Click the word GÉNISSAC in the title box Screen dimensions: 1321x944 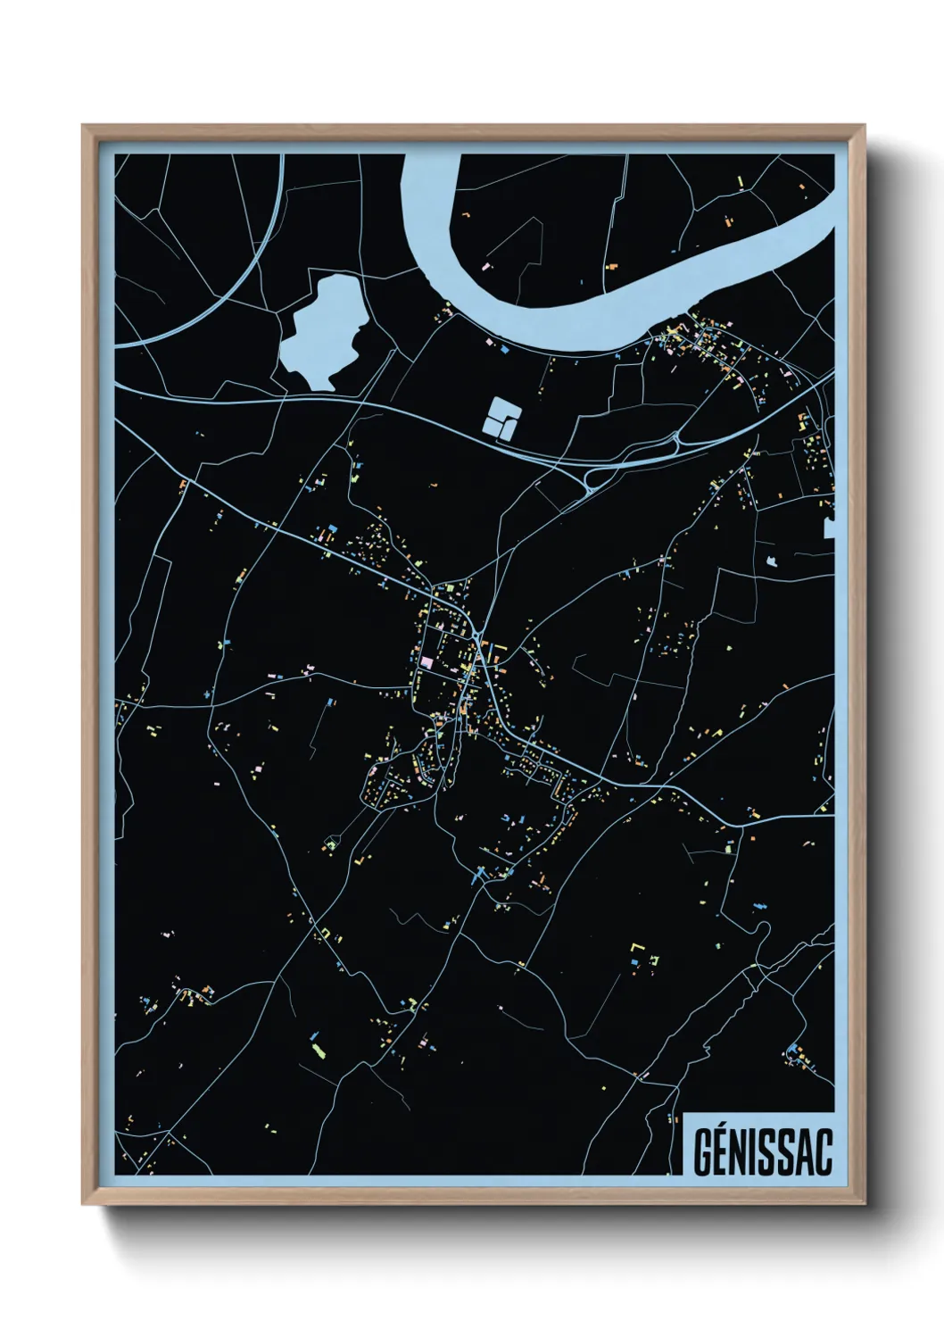pos(762,1152)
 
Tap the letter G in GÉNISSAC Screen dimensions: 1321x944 pos(701,1153)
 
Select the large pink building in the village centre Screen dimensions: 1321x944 pos(426,662)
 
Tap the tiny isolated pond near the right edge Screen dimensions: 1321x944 pos(772,561)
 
